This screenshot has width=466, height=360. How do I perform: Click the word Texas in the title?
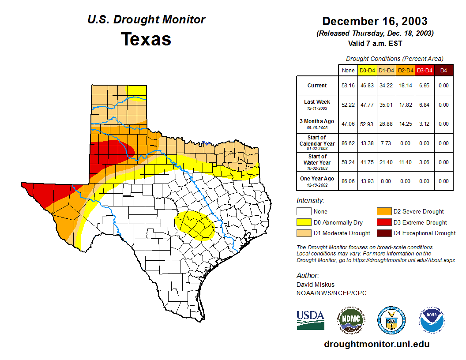tap(146, 39)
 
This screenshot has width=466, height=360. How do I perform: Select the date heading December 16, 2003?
tap(375, 21)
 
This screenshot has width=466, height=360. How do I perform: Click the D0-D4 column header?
tap(367, 70)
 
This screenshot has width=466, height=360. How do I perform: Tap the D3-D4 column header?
tap(425, 70)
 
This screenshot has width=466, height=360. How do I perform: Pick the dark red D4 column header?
tap(443, 70)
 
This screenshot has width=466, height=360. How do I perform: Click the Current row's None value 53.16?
tap(348, 86)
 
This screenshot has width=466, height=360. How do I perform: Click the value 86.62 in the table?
tap(348, 143)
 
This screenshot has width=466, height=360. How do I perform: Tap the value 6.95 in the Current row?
tap(425, 86)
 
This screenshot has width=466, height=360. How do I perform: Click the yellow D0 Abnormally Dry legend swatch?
tap(304, 222)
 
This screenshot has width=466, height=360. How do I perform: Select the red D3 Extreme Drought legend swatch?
tap(384, 222)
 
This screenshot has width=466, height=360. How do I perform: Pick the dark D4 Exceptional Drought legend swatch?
tap(384, 233)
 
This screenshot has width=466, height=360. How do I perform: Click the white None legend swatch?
tap(304, 212)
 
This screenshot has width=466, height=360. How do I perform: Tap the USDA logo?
tap(310, 320)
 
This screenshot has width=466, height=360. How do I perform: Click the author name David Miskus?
tap(315, 285)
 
